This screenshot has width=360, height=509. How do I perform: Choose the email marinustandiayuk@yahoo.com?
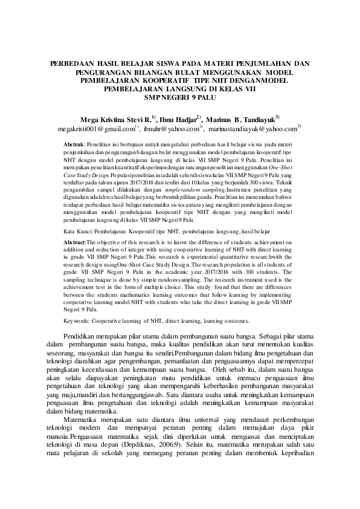[x=252, y=129]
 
